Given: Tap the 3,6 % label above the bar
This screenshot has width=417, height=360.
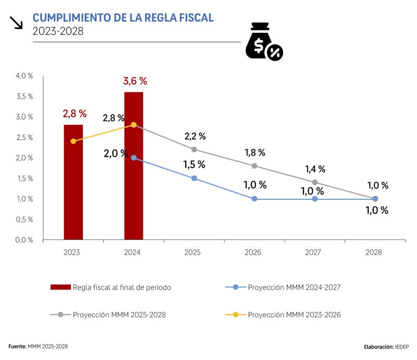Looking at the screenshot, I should point(135,81).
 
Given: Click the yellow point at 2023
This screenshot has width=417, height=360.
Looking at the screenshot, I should point(73,141).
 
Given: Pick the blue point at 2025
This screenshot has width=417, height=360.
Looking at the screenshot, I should point(194,178).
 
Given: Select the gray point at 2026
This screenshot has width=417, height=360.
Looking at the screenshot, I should point(254,166).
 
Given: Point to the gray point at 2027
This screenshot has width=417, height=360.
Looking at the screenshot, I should point(315,182).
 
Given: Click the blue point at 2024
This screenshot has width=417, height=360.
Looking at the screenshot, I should point(134,158).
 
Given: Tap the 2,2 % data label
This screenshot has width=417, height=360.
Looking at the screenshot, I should point(195,136).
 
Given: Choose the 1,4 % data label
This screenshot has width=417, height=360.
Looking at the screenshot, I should point(314,169).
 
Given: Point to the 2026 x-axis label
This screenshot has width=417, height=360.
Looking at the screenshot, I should point(253,252).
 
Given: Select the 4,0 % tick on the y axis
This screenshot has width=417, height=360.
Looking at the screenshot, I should point(24,76).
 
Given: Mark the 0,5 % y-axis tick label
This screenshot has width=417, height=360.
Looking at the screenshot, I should point(24,219).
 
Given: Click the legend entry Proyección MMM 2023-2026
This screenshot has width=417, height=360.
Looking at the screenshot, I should point(294,315).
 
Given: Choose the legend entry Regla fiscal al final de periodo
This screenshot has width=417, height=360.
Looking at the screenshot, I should point(121,287).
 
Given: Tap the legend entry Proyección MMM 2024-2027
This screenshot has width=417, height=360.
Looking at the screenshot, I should point(294,287).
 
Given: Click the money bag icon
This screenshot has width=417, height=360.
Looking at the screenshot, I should point(263,42).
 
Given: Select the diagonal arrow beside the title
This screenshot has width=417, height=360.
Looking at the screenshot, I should point(16,22).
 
